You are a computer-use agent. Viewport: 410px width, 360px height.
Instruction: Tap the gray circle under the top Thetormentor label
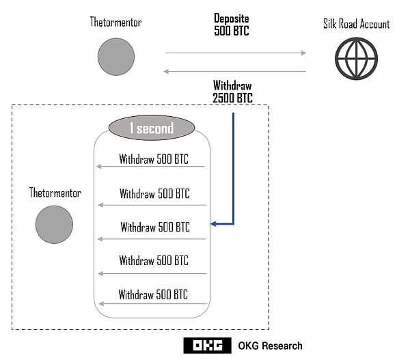[x=116, y=57]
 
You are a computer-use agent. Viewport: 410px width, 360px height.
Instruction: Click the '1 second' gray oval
[x=152, y=128]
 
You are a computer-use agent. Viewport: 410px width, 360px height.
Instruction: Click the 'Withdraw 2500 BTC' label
[x=232, y=92]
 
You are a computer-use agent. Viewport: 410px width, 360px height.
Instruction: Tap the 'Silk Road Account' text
[x=356, y=25]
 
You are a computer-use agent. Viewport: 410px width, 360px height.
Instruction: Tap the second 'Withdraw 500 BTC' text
[x=154, y=194]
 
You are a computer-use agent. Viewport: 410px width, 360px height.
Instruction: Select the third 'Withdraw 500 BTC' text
[x=155, y=227]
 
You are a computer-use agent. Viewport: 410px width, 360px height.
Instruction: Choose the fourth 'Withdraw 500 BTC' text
[x=154, y=261]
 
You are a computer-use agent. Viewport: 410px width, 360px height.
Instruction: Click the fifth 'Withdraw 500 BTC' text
[x=153, y=295]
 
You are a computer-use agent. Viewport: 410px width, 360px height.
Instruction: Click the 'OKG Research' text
[x=270, y=346]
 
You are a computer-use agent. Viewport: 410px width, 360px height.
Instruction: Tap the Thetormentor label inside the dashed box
[x=55, y=193]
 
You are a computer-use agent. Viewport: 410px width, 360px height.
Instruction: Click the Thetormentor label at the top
[x=116, y=22]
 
